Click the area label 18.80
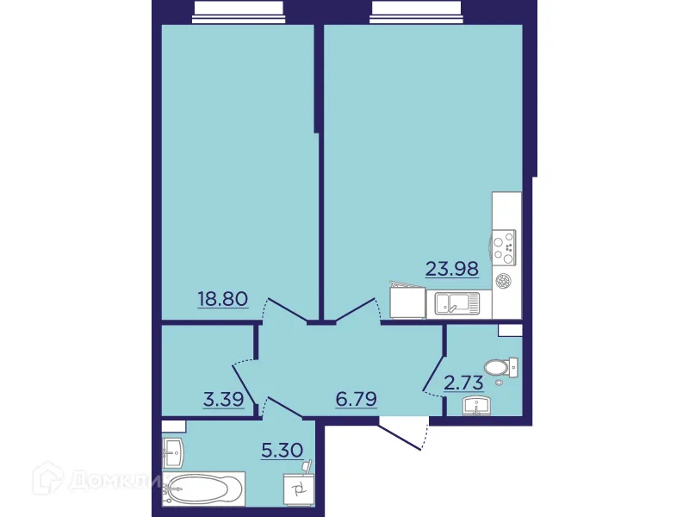pyautogui.click(x=223, y=299)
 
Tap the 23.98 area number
pyautogui.click(x=452, y=269)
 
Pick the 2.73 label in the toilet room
pyautogui.click(x=464, y=383)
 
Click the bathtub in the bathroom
pyautogui.click(x=207, y=489)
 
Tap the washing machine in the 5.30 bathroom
pyautogui.click(x=299, y=489)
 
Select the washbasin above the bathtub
pyautogui.click(x=172, y=449)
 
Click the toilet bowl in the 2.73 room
pyautogui.click(x=499, y=367)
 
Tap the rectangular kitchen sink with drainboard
pyautogui.click(x=456, y=303)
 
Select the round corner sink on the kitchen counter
pyautogui.click(x=504, y=280)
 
